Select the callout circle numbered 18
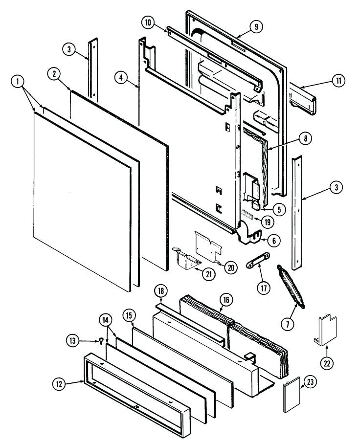160,291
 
